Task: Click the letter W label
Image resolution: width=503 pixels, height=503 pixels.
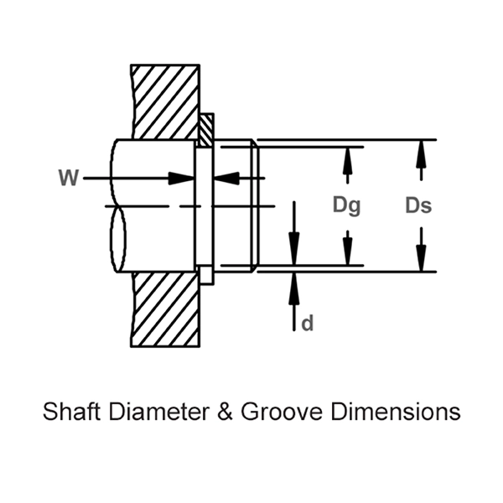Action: pyautogui.click(x=69, y=178)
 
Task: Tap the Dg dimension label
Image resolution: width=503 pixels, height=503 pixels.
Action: pyautogui.click(x=345, y=205)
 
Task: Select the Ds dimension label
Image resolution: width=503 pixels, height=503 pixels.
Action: pyautogui.click(x=417, y=205)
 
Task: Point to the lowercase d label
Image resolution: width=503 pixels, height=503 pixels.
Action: pyautogui.click(x=308, y=324)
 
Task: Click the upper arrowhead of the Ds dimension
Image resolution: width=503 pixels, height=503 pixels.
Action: pyautogui.click(x=421, y=149)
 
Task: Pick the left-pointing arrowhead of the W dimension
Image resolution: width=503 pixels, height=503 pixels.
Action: pyautogui.click(x=226, y=178)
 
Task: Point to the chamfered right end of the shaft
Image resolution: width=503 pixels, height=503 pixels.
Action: pyautogui.click(x=253, y=205)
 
